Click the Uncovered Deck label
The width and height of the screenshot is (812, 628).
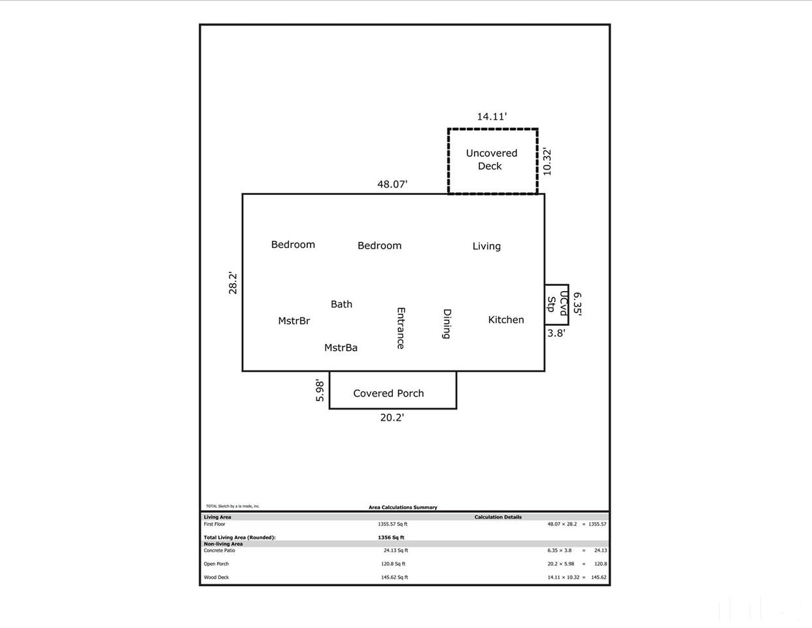pyautogui.click(x=492, y=160)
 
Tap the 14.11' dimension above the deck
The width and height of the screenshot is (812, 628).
pyautogui.click(x=492, y=116)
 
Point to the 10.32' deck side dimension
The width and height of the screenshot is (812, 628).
pyautogui.click(x=547, y=162)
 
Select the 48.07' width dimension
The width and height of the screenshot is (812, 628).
pyautogui.click(x=392, y=184)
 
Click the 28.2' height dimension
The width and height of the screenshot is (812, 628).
pyautogui.click(x=233, y=283)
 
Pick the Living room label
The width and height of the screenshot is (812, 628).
pyautogui.click(x=486, y=246)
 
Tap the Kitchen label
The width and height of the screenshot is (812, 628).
pyautogui.click(x=506, y=319)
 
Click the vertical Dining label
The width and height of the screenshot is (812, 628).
pyautogui.click(x=447, y=324)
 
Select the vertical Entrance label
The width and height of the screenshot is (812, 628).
pyautogui.click(x=401, y=328)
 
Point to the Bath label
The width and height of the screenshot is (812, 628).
pyautogui.click(x=341, y=304)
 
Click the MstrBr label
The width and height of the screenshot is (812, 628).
pyautogui.click(x=294, y=321)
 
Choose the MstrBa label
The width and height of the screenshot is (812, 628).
pyautogui.click(x=341, y=347)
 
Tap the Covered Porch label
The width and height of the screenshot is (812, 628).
pyautogui.click(x=388, y=393)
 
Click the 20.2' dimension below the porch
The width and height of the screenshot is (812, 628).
pyautogui.click(x=392, y=417)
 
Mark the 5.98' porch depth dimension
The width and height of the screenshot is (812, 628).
pyautogui.click(x=320, y=390)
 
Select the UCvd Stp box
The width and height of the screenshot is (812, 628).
pyautogui.click(x=556, y=305)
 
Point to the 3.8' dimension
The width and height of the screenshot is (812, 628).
pyautogui.click(x=556, y=332)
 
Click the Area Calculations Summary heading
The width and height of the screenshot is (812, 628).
pyautogui.click(x=403, y=507)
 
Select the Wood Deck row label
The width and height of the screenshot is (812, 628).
pyautogui.click(x=216, y=577)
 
